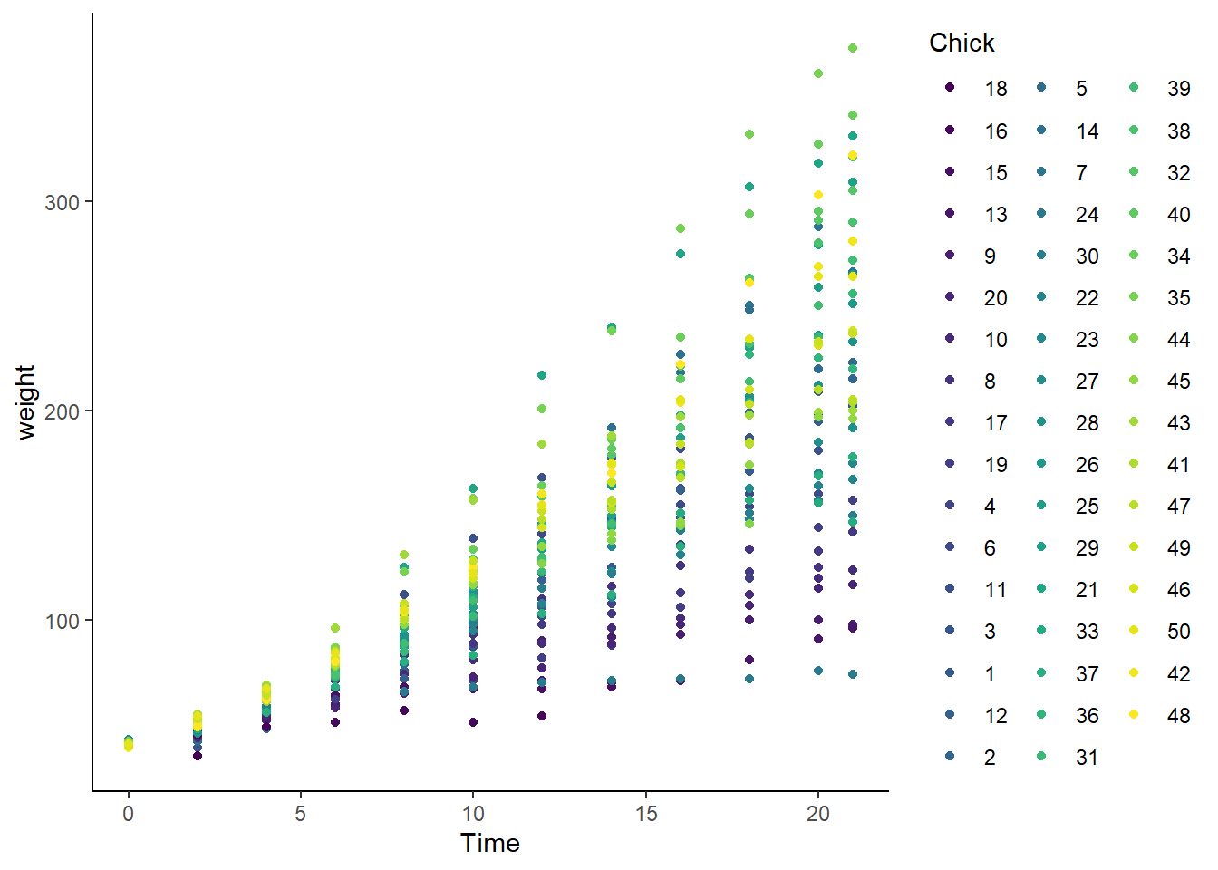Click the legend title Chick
pyautogui.click(x=962, y=43)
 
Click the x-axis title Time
pyautogui.click(x=490, y=843)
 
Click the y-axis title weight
pyautogui.click(x=25, y=402)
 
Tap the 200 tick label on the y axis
pyautogui.click(x=63, y=411)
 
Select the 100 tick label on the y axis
pyautogui.click(x=63, y=621)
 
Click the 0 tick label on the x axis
pyautogui.click(x=129, y=813)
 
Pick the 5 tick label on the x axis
pyautogui.click(x=301, y=813)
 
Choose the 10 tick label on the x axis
pyautogui.click(x=473, y=813)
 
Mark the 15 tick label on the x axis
pyautogui.click(x=645, y=813)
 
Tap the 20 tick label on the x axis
pyautogui.click(x=818, y=813)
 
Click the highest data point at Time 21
pyautogui.click(x=853, y=48)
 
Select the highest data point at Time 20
pyautogui.click(x=818, y=73)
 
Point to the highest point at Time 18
pyautogui.click(x=749, y=134)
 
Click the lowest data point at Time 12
pyautogui.click(x=542, y=716)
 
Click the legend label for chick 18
pyautogui.click(x=996, y=89)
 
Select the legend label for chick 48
pyautogui.click(x=1178, y=716)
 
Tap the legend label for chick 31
pyautogui.click(x=1087, y=758)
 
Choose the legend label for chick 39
pyautogui.click(x=1178, y=89)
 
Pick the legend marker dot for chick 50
pyautogui.click(x=1134, y=631)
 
